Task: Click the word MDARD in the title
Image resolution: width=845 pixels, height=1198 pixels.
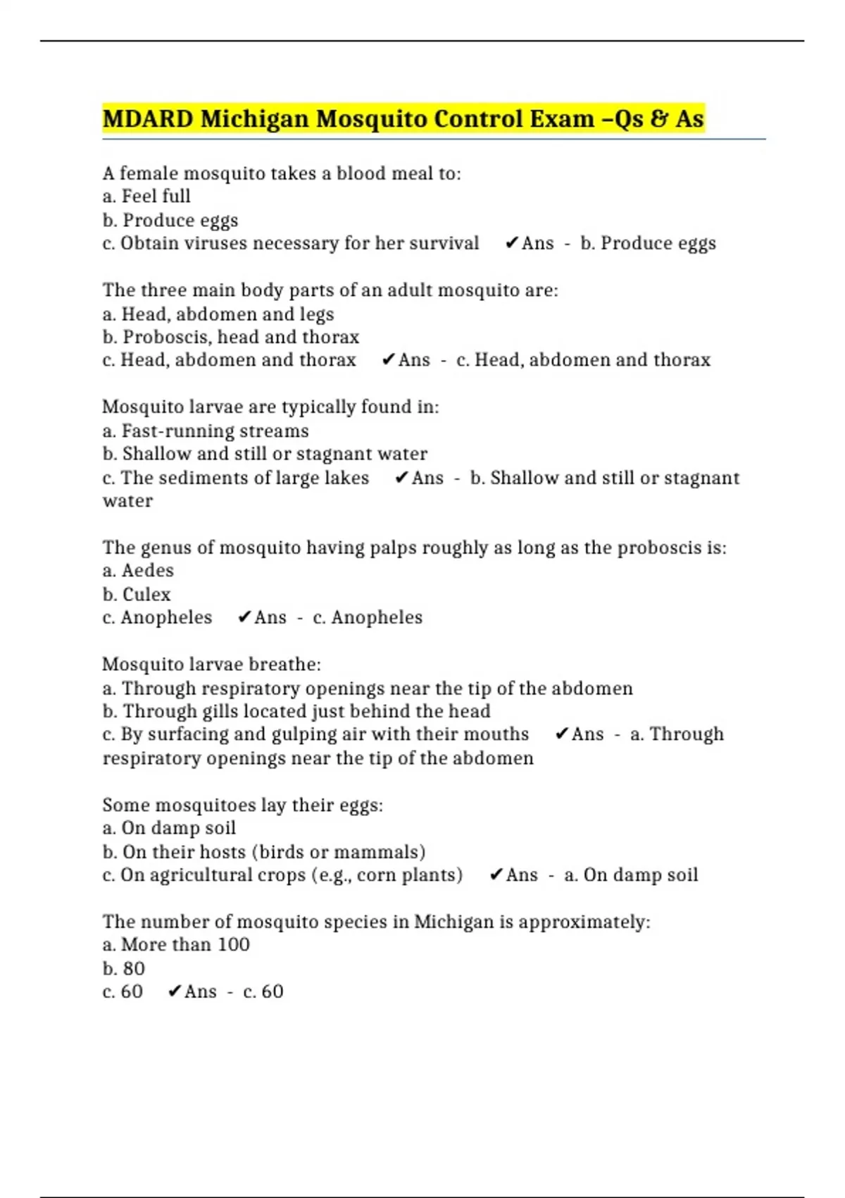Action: (148, 118)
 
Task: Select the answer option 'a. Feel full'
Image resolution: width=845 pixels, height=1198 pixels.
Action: (146, 196)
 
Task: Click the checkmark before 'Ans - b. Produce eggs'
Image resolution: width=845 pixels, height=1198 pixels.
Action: (512, 243)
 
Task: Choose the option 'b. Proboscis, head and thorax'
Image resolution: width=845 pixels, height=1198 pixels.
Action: (231, 337)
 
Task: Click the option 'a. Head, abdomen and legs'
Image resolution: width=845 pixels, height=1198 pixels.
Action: (218, 314)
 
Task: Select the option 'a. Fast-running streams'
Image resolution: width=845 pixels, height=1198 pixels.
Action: (206, 431)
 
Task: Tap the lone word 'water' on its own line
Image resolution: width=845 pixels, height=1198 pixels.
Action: (127, 501)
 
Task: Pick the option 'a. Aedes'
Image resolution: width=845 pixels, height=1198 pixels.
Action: (138, 570)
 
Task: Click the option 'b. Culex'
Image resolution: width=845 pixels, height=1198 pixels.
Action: (137, 594)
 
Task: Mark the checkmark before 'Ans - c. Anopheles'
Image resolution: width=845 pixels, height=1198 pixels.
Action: (244, 617)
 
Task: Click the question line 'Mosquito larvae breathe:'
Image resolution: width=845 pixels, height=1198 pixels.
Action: (211, 664)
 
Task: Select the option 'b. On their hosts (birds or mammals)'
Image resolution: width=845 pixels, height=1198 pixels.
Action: (264, 851)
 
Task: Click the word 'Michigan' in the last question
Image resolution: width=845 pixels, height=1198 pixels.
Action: (453, 922)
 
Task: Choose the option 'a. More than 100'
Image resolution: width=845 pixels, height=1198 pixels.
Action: (176, 944)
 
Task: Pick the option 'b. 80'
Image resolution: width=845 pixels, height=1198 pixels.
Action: (124, 968)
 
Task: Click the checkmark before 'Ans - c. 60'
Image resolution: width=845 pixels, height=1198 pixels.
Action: (175, 992)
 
